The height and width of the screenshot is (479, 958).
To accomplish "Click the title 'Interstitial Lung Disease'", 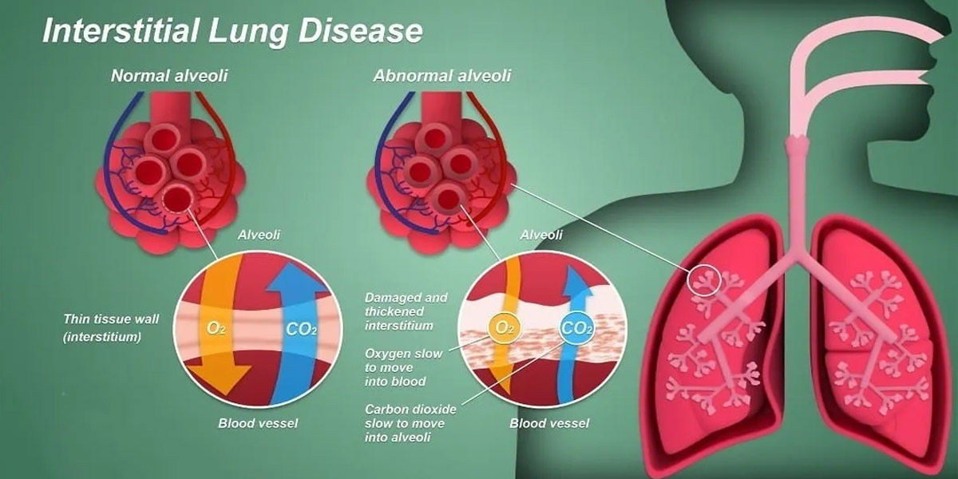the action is point(232,32).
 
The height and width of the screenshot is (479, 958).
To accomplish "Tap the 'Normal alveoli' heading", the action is point(169,76).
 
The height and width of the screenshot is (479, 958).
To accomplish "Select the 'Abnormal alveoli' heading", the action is point(442,76).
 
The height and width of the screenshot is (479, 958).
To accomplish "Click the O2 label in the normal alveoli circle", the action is point(216,328).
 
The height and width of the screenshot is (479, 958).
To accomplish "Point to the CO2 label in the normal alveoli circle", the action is point(302,329).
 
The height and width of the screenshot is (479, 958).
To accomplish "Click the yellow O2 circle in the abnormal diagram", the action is point(505,328).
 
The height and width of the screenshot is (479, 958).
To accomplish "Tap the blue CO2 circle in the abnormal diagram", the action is point(577,328).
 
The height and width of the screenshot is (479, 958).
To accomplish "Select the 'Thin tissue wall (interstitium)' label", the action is point(111,328).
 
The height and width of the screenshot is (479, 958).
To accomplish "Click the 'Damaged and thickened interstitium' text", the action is point(406,311).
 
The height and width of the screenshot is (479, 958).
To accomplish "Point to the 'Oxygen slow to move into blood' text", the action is point(403,367).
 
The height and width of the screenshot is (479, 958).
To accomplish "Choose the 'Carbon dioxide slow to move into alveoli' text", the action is point(410,423).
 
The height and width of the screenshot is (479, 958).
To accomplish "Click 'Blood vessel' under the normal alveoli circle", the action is point(258,423).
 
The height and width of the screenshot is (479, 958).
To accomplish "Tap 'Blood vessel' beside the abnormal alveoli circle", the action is point(549,423).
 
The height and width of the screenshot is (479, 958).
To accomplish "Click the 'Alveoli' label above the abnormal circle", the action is point(541,235).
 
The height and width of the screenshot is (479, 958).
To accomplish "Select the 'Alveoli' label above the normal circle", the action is point(259,235).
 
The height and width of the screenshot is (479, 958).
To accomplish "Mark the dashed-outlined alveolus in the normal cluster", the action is point(177,198).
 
